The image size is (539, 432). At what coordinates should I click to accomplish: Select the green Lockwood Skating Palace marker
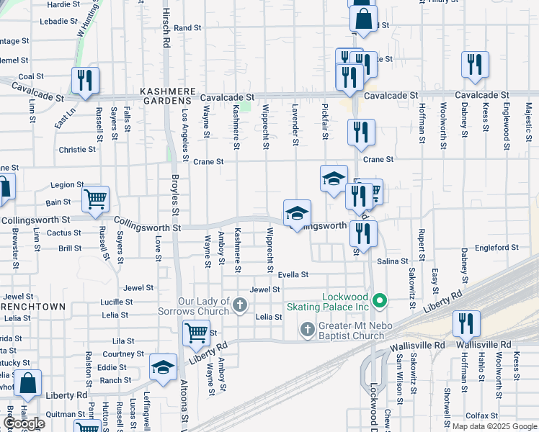[382, 301]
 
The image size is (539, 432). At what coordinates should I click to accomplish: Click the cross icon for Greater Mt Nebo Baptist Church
[307, 329]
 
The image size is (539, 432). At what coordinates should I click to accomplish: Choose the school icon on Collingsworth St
[297, 213]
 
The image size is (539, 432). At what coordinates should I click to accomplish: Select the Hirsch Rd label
[166, 32]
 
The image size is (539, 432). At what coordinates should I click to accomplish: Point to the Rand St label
[187, 28]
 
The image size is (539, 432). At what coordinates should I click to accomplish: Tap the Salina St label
[393, 261]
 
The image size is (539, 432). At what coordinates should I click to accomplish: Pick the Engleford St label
[496, 247]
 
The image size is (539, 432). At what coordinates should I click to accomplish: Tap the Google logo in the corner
[23, 423]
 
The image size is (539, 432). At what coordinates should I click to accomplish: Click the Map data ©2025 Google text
[494, 426]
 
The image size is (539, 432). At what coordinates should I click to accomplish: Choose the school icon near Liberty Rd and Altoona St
[163, 366]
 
